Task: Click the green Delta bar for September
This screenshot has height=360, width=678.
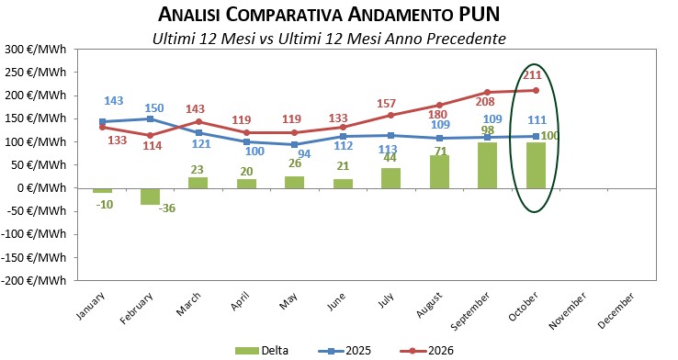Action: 487,165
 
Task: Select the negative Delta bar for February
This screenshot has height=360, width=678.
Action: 150,197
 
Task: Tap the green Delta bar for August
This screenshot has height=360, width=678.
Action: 439,172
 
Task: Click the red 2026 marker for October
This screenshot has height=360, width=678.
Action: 536,90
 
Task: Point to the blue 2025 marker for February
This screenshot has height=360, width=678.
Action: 150,118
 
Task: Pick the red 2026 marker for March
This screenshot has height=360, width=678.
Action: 198,122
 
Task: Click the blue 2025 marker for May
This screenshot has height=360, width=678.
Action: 295,145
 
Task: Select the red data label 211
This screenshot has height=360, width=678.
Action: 532,75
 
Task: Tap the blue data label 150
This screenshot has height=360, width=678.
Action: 154,107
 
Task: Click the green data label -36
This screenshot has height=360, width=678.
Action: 167,208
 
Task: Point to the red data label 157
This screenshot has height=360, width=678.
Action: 386,103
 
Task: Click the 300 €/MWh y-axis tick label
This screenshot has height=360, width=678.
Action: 36,50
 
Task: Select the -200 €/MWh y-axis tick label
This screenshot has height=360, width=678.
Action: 34,280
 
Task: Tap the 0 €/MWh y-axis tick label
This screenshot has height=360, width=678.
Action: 42,188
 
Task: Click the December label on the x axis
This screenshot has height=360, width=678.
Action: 616,310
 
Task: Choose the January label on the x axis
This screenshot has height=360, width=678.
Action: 90,306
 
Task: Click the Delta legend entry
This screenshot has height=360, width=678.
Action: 262,351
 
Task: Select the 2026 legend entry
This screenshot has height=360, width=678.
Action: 426,351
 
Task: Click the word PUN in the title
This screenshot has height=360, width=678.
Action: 479,15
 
